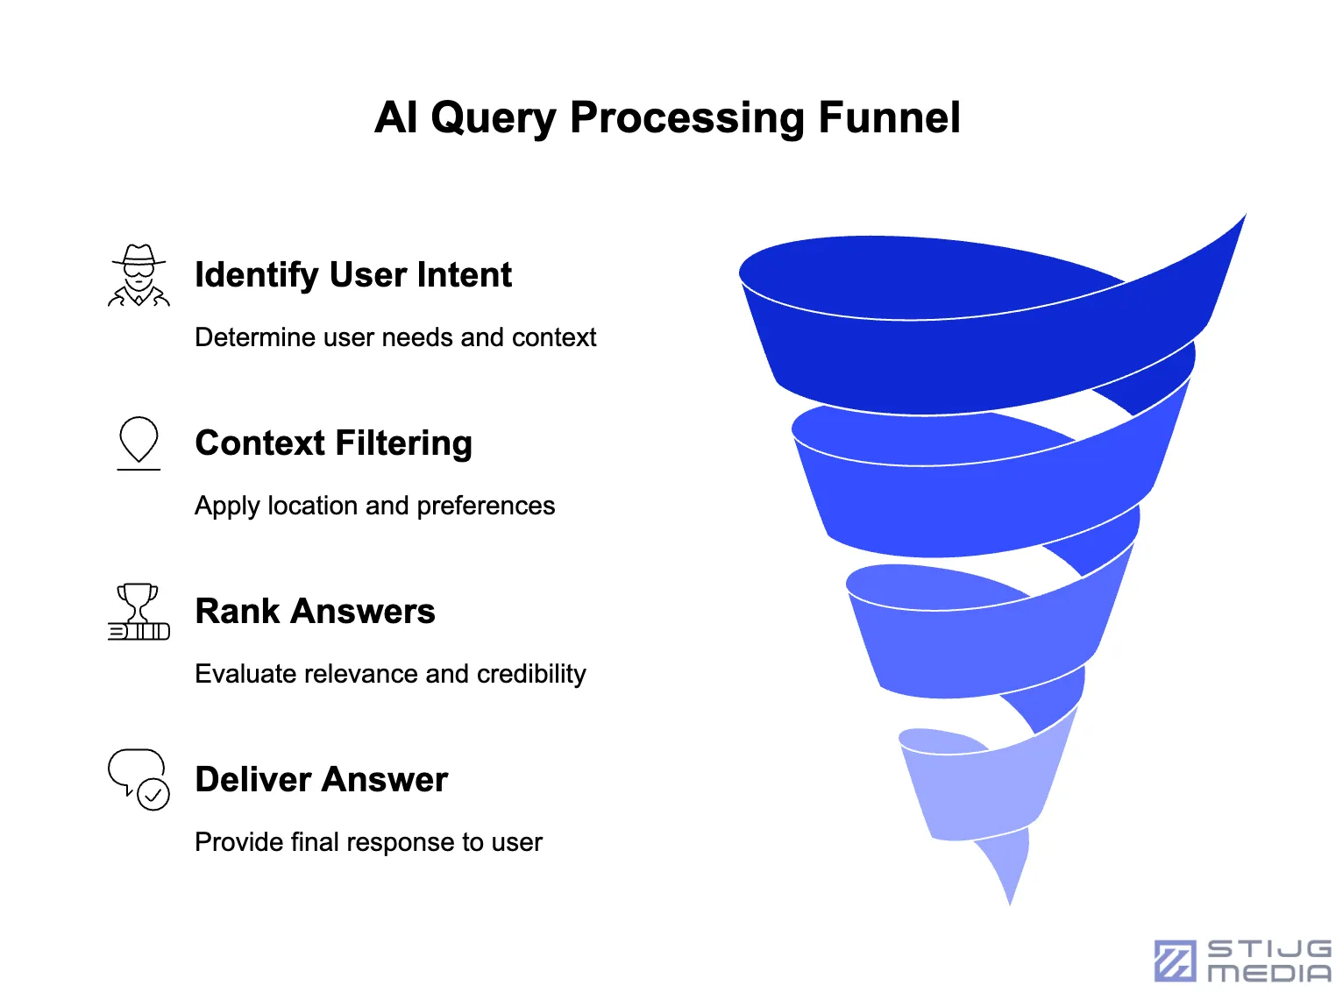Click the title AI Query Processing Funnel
pos(667,117)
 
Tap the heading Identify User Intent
pos(352,275)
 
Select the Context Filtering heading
pos(333,443)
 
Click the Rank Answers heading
pos(315,612)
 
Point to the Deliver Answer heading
pos(321,780)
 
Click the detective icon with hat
pos(139,275)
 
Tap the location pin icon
pos(139,442)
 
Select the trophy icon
pos(139,612)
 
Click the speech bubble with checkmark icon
pos(139,779)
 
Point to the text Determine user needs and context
pos(395,337)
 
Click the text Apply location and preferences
pos(374,506)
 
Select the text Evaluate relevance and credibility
pos(390,674)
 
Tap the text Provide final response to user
pos(368,842)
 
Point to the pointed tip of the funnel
pos(1010,898)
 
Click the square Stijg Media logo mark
pos(1175,960)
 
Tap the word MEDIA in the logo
pos(1268,973)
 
